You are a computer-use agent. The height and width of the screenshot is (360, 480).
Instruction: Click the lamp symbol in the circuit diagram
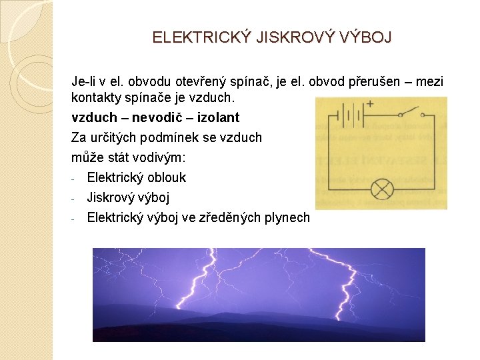tap(382, 189)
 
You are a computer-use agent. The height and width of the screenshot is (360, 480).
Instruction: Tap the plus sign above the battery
tap(369, 104)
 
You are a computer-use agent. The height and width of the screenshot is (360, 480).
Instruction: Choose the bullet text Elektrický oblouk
tap(137, 177)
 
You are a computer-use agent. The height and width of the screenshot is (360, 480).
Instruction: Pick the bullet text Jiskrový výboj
tap(128, 197)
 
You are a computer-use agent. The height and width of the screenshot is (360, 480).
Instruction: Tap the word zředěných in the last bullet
tap(235, 217)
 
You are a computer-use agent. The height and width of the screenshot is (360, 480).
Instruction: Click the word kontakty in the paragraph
tap(93, 97)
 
